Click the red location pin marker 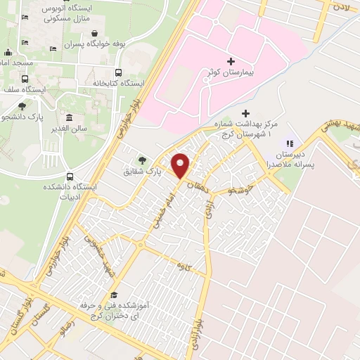point(181,165)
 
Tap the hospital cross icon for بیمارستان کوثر point(231,61)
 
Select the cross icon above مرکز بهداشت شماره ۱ point(245,113)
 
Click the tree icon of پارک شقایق point(143,160)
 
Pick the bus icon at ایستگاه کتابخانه point(117,72)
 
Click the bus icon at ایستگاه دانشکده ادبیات point(69,176)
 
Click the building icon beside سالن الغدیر point(69,117)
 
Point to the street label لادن point(341,6)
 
